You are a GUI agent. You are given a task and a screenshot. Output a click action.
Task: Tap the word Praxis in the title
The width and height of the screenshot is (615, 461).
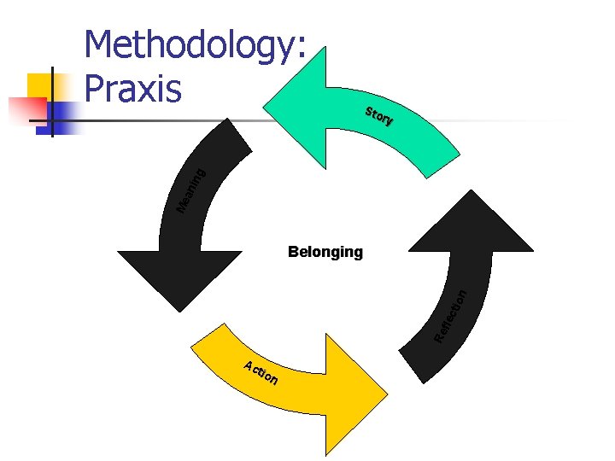point(133,86)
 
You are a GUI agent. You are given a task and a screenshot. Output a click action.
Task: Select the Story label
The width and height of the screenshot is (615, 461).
point(379,116)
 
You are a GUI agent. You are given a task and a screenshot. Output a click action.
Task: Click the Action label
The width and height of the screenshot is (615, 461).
point(260,372)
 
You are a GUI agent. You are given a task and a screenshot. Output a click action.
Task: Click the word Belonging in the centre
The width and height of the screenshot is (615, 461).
point(325,252)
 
